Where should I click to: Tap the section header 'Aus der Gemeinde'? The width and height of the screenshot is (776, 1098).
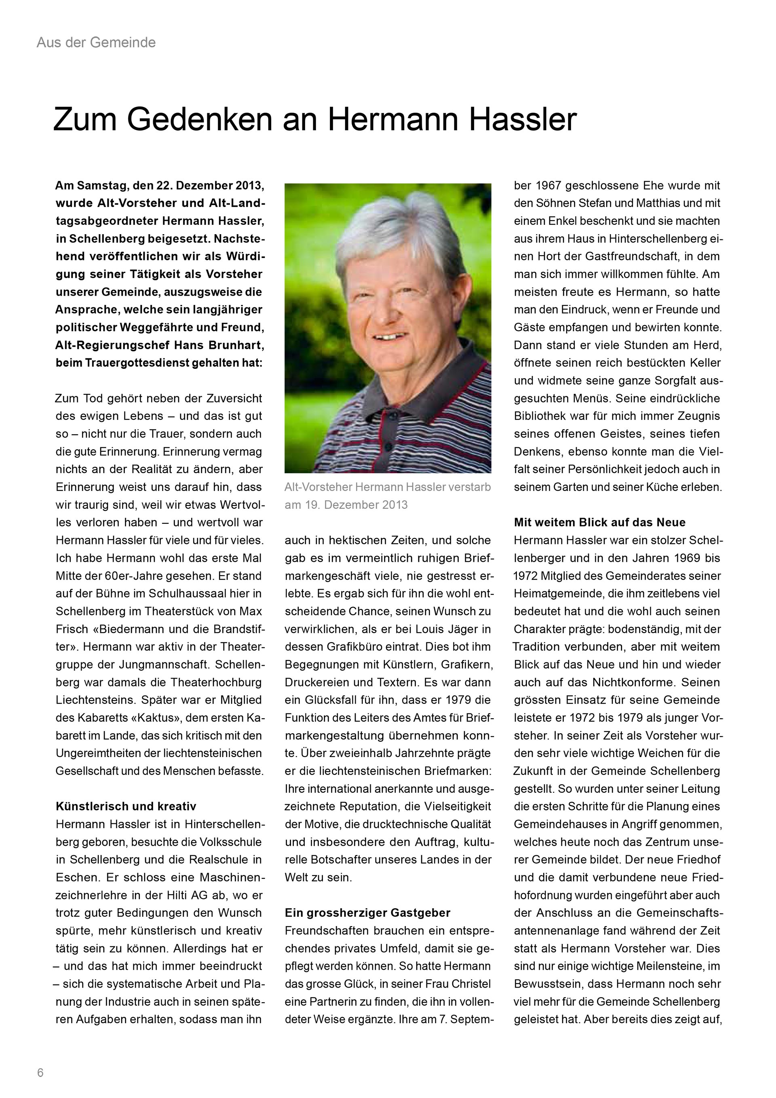(x=96, y=42)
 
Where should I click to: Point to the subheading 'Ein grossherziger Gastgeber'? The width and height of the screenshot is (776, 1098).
(x=367, y=912)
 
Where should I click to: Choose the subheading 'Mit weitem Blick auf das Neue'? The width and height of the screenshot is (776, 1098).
(x=600, y=522)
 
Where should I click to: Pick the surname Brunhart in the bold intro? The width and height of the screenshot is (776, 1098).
(x=239, y=345)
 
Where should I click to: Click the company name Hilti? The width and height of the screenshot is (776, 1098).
(x=196, y=895)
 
